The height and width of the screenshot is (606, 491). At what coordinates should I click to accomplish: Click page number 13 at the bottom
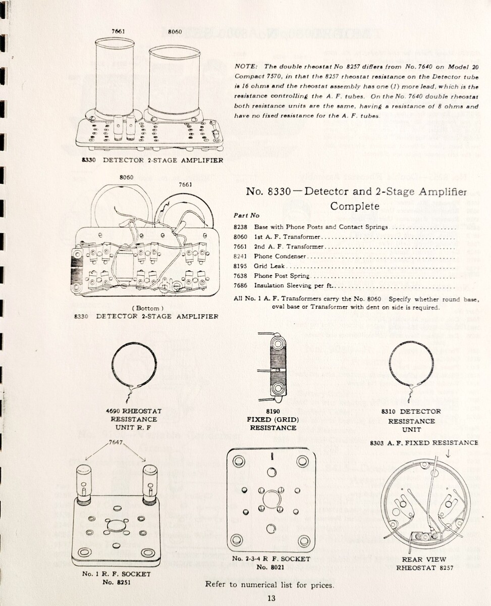(x=272, y=598)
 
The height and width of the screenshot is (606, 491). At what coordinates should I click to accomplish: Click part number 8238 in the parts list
(x=241, y=227)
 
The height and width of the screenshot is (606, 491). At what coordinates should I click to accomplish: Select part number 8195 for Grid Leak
(x=241, y=266)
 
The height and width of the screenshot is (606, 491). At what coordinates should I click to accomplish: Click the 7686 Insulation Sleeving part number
(x=241, y=286)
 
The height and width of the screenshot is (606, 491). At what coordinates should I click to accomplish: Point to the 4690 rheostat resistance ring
(x=134, y=365)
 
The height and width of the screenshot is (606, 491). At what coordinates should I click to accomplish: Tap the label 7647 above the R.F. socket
(x=116, y=442)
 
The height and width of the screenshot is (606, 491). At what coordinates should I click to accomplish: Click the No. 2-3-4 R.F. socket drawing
(x=271, y=499)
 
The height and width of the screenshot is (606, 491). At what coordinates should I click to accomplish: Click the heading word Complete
(x=354, y=206)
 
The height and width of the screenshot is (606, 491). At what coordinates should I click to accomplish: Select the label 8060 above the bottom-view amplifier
(x=127, y=177)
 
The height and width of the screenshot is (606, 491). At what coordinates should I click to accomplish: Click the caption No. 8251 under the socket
(x=116, y=582)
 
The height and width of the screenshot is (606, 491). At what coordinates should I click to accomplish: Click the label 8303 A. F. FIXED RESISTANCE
(x=424, y=443)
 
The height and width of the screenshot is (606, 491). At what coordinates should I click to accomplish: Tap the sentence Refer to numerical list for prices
(x=269, y=585)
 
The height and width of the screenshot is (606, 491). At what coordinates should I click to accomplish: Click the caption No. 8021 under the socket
(x=271, y=567)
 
